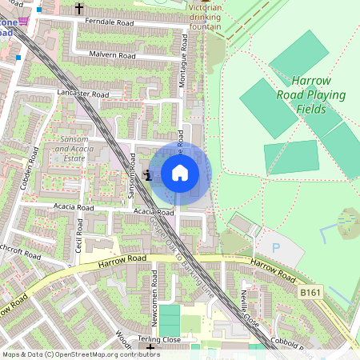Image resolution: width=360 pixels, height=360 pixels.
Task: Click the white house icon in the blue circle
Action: [x=180, y=173]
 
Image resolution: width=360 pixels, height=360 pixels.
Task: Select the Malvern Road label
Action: [x=114, y=55]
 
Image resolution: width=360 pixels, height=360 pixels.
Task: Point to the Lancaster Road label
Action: [x=83, y=94]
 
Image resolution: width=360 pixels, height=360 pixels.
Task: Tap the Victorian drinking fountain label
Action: [x=206, y=17]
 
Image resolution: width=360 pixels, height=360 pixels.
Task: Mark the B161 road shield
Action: [x=311, y=294]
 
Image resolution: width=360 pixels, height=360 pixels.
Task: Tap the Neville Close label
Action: [x=245, y=304]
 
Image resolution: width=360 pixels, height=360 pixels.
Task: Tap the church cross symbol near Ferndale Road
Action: [x=78, y=8]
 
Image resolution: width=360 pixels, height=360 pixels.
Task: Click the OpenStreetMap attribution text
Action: [x=81, y=354]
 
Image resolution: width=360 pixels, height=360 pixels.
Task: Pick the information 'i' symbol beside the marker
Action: [x=147, y=174]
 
